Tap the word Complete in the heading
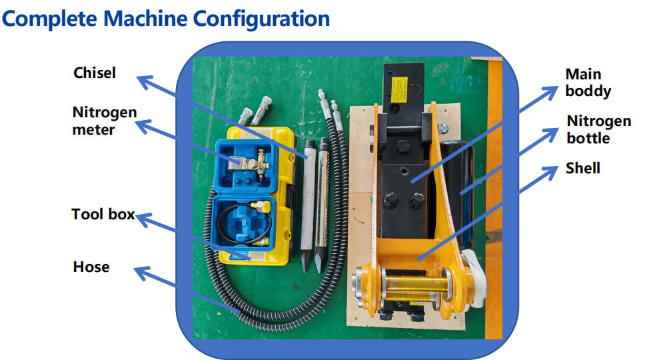50,18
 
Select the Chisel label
95,73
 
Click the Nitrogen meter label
104,121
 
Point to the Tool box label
103,215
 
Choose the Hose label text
91,267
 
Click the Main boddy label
588,82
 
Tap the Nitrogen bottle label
598,129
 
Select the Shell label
582,168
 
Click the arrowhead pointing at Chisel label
141,80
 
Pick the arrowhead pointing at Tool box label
141,217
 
